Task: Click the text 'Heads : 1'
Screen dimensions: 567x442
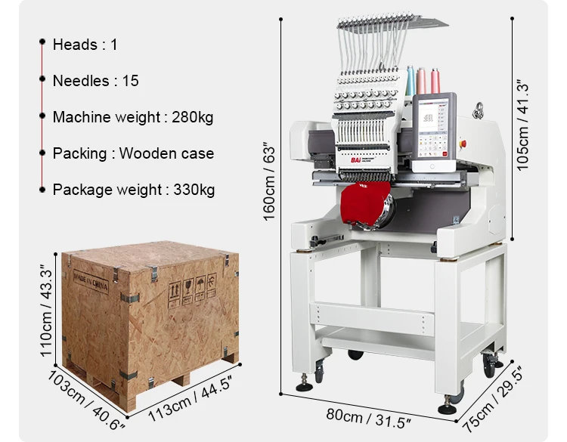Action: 85,45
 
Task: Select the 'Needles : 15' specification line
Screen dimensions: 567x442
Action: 95,81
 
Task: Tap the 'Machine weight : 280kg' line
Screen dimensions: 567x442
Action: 132,117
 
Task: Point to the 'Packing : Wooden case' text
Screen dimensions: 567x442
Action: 133,153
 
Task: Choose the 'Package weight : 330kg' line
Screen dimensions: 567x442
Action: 133,189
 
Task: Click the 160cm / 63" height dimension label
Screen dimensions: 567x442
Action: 271,183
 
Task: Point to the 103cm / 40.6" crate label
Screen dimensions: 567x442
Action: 85,400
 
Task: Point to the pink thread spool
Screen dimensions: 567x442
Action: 422,80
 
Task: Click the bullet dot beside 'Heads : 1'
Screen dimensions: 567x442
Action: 42,45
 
